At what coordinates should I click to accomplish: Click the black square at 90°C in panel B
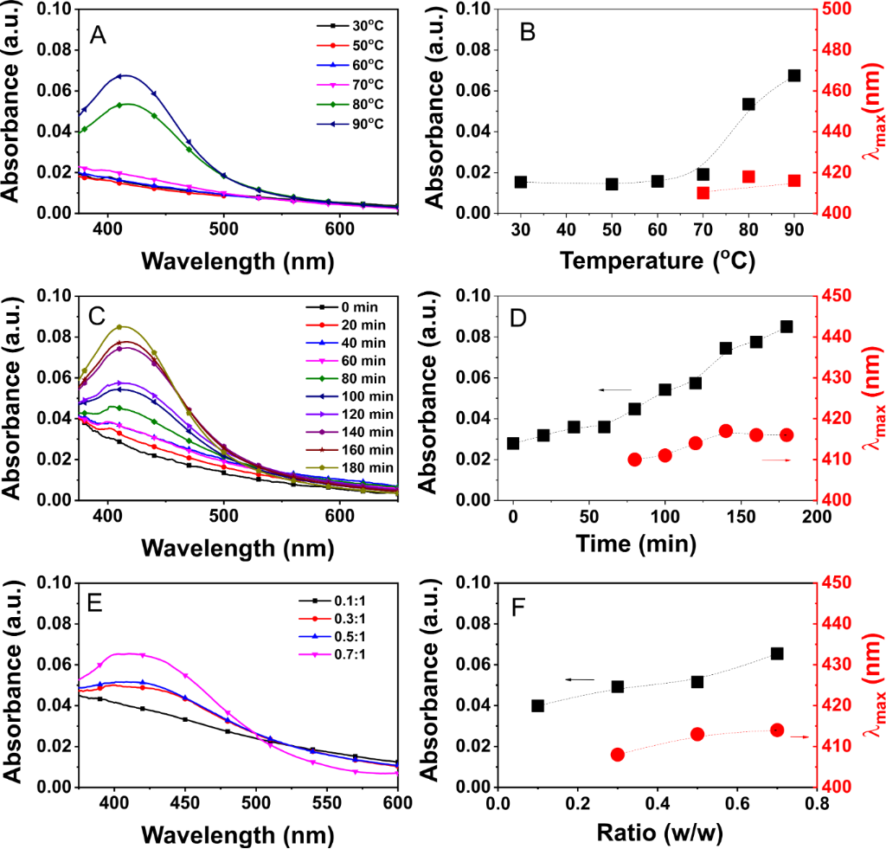pos(794,75)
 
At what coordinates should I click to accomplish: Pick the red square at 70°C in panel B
pos(703,193)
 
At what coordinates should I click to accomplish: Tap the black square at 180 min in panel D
pos(786,326)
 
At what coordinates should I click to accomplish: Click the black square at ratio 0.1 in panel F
pos(538,705)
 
